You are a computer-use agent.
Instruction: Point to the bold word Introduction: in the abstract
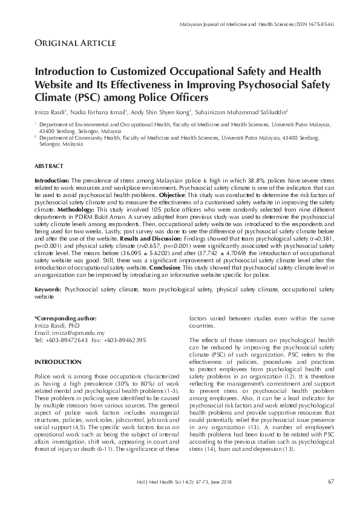[x=52, y=181]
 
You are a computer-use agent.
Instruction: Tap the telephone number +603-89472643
[x=68, y=339]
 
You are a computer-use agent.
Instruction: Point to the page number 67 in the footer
[x=330, y=481]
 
